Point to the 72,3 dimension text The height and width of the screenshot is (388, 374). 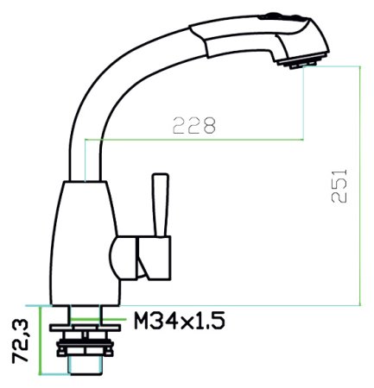tap(18, 339)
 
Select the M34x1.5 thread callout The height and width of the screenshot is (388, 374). tap(180, 322)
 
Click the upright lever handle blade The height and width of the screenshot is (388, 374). tap(159, 203)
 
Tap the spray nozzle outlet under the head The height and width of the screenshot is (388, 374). tap(303, 63)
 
